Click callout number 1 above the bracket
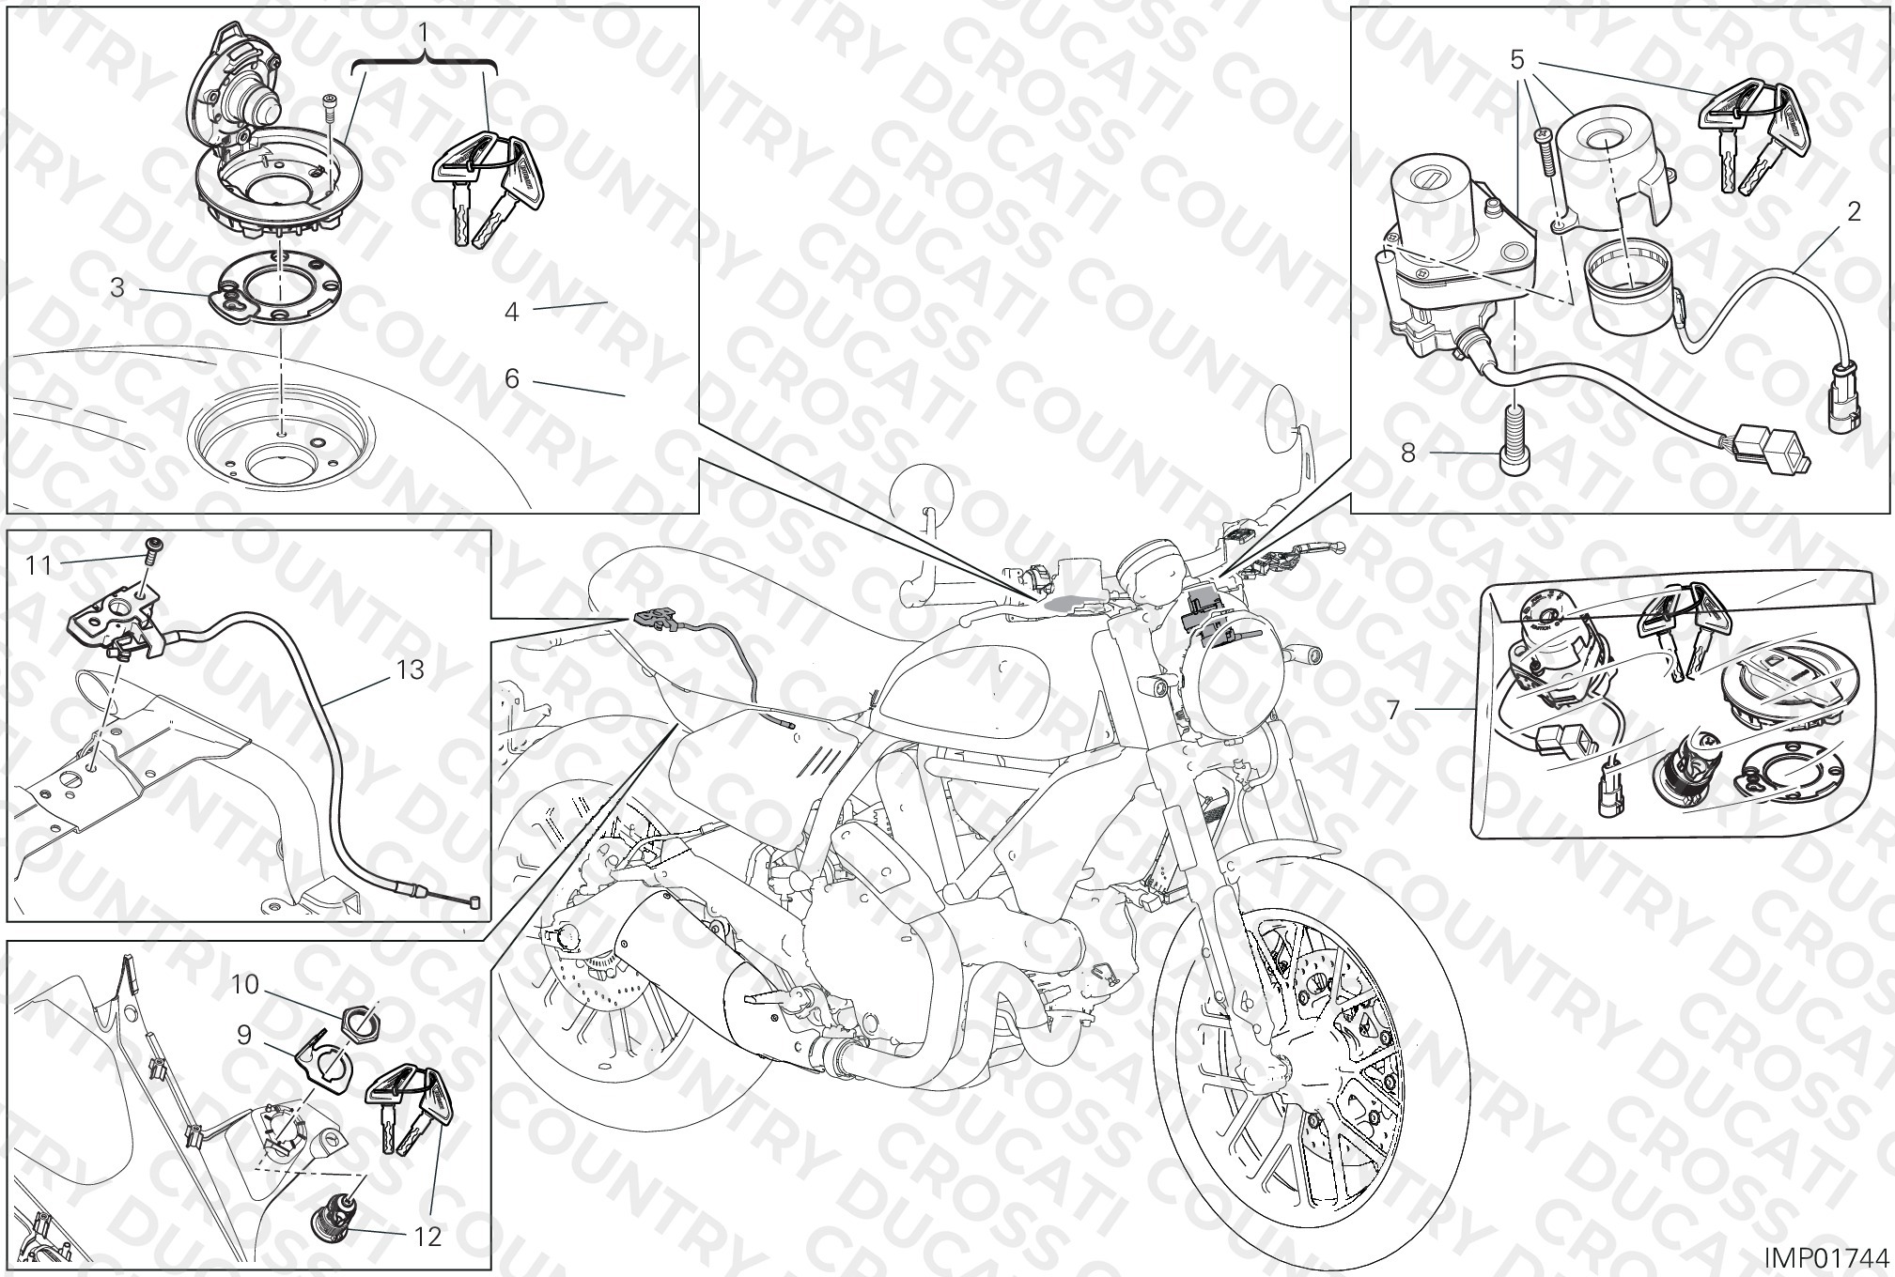[424, 33]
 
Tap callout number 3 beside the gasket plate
[116, 287]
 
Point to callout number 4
[511, 311]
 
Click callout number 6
[512, 378]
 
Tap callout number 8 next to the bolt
[1407, 454]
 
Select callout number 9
[243, 1035]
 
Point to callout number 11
[39, 564]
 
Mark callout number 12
[427, 1237]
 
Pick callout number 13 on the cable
[411, 669]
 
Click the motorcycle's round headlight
[1231, 690]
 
